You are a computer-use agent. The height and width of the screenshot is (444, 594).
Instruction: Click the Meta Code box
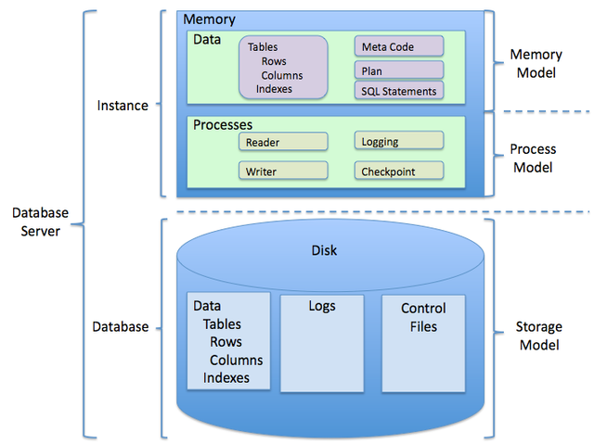coord(398,46)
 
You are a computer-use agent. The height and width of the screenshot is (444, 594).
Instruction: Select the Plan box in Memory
coord(398,70)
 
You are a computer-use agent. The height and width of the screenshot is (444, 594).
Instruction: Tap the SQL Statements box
coord(398,91)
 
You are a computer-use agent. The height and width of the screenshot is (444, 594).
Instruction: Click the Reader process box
coord(284,142)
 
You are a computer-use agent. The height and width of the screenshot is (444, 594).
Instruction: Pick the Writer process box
coord(284,171)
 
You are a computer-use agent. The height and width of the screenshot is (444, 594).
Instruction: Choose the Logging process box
coord(398,141)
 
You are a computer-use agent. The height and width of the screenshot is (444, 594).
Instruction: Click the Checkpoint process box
coord(398,171)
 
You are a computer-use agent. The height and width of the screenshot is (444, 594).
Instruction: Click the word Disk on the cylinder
coord(324,250)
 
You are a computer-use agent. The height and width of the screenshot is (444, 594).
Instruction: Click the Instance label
coord(123,106)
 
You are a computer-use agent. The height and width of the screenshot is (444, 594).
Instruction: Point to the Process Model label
coord(533,158)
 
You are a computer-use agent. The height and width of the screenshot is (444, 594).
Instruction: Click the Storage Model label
coord(537,336)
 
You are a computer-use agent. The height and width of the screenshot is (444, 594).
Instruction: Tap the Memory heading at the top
coord(209,19)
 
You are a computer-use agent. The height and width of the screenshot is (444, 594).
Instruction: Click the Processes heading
coord(223,124)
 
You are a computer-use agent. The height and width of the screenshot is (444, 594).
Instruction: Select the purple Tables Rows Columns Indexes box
coord(283,67)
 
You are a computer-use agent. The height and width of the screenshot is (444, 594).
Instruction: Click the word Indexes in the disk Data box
coord(226,377)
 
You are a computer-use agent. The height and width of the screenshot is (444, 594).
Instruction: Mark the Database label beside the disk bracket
coord(120,326)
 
